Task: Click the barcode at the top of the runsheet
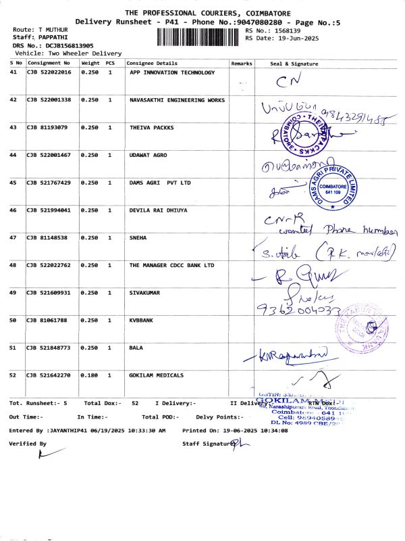pyautogui.click(x=199, y=35)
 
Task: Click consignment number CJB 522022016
pyautogui.click(x=49, y=72)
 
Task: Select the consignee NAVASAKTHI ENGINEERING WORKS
pyautogui.click(x=177, y=99)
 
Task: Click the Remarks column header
pyautogui.click(x=241, y=63)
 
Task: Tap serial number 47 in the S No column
pyautogui.click(x=13, y=238)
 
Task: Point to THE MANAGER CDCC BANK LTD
pyautogui.click(x=171, y=266)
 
